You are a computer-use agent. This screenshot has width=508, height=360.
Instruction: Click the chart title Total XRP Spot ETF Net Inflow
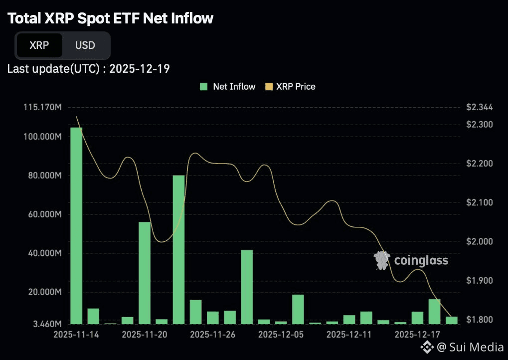pyautogui.click(x=110, y=18)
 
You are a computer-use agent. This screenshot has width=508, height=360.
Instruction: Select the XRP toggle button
pyautogui.click(x=39, y=45)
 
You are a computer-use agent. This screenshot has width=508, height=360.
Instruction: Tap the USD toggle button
pyautogui.click(x=85, y=45)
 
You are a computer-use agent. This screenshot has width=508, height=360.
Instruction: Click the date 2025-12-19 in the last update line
pyautogui.click(x=140, y=68)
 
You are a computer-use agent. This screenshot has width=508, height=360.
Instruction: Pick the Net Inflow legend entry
pyautogui.click(x=228, y=86)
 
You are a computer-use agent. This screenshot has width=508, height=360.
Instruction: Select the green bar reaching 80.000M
pyautogui.click(x=178, y=249)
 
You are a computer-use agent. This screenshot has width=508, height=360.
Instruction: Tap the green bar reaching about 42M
pyautogui.click(x=247, y=287)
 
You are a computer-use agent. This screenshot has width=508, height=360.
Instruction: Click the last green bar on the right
pyautogui.click(x=452, y=320)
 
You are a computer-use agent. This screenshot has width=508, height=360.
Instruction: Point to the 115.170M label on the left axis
pyautogui.click(x=42, y=107)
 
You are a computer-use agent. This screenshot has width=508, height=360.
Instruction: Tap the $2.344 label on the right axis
pyautogui.click(x=480, y=107)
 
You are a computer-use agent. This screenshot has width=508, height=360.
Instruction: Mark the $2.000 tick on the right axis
pyautogui.click(x=480, y=242)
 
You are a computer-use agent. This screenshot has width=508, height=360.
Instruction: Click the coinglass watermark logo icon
pyautogui.click(x=382, y=260)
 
